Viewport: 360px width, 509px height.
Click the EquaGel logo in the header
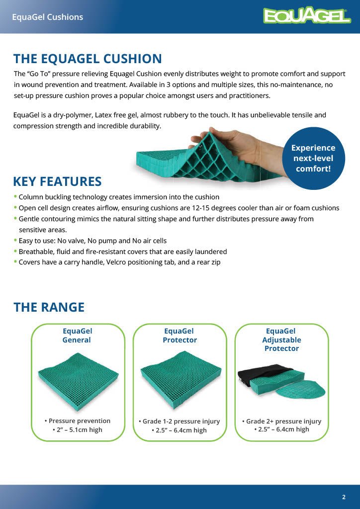[x=307, y=16]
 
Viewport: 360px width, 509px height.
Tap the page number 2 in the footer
[x=344, y=497]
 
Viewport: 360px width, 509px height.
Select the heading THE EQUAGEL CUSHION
[x=88, y=59]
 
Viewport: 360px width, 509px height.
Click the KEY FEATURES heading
[x=57, y=181]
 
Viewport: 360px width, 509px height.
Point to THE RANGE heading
[x=49, y=307]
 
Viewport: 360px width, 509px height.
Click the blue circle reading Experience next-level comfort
[x=313, y=158]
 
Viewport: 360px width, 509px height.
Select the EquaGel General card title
[x=77, y=336]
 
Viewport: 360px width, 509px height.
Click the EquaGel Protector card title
[x=180, y=336]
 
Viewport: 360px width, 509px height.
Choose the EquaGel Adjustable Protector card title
[x=281, y=340]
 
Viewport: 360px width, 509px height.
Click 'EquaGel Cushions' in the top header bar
[x=47, y=17]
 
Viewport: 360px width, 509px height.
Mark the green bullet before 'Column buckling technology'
[x=15, y=197]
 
